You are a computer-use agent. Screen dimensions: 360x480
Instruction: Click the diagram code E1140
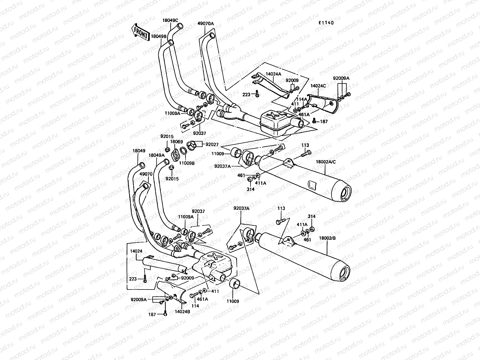(x=326, y=23)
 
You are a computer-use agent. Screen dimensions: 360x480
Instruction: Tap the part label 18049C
(x=170, y=21)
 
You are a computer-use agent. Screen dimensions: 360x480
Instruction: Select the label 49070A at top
(x=205, y=23)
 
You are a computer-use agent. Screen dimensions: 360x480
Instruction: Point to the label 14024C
(x=318, y=86)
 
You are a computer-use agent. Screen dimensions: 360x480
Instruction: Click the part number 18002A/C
(x=326, y=161)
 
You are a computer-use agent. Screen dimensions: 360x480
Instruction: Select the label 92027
(x=212, y=144)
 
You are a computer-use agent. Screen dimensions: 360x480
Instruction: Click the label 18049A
(x=156, y=155)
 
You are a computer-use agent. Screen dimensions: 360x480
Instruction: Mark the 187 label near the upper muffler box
(x=324, y=122)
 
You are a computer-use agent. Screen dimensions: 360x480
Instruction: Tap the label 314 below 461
(x=250, y=189)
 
